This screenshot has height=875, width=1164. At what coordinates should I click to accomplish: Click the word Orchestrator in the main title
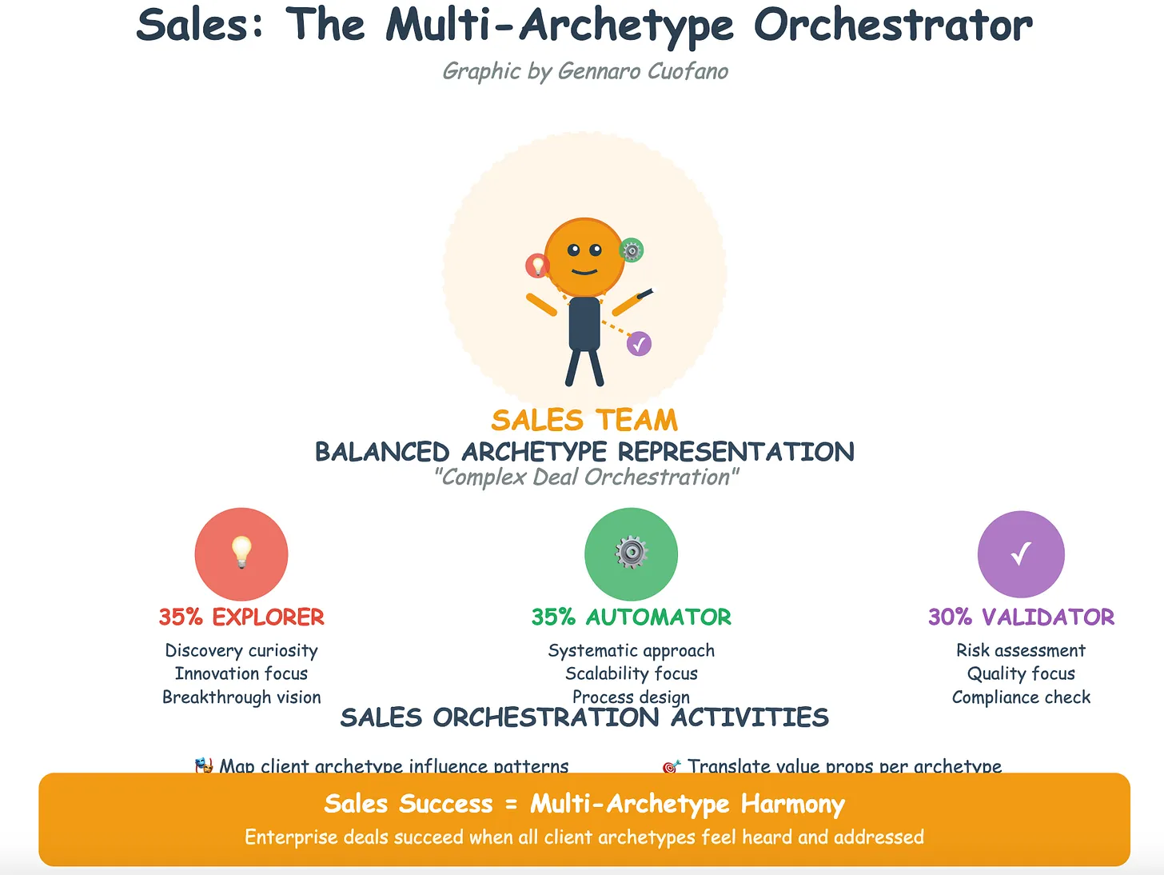point(892,26)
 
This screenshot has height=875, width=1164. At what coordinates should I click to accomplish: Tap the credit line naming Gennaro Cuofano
point(585,71)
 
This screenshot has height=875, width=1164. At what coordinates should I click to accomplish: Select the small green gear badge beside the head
point(632,251)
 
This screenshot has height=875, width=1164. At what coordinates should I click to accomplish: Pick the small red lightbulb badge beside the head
point(537,265)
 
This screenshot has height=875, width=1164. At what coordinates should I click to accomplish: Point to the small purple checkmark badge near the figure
point(639,344)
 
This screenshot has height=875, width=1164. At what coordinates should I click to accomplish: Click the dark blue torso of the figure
point(584,324)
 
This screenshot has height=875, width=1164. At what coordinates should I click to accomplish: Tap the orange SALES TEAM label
point(584,420)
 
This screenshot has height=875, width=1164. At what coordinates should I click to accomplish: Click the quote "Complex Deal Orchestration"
point(585,477)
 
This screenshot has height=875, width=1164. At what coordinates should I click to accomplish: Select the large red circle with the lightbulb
point(241,553)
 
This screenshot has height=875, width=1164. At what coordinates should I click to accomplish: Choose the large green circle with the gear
point(631,553)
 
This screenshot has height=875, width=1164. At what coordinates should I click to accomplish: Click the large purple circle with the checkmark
point(1021,553)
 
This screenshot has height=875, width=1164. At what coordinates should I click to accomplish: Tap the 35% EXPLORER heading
point(241,617)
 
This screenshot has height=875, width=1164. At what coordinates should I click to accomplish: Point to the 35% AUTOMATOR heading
point(631,617)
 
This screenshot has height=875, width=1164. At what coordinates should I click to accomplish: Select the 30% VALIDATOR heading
point(1021,617)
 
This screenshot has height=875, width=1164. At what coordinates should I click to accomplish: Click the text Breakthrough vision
point(241,697)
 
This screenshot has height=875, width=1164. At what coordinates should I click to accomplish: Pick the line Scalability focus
point(631,673)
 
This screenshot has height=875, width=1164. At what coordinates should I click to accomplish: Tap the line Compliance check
point(1021,697)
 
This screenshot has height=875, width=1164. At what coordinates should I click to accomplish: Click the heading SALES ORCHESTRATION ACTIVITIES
point(584,718)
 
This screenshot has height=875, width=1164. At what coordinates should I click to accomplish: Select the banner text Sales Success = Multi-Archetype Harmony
point(584,804)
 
